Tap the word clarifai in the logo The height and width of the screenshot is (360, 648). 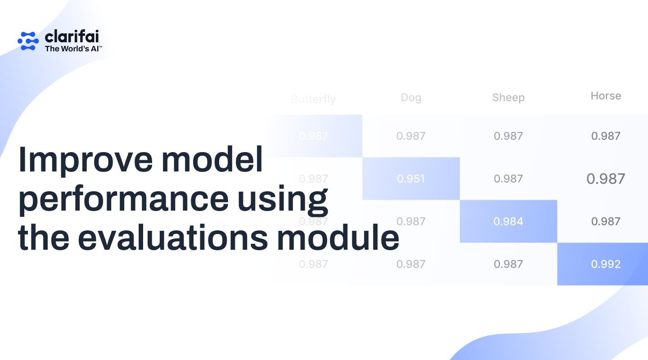tap(72, 36)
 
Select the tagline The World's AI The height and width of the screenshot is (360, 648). tap(73, 49)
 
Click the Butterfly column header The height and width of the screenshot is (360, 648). tap(313, 99)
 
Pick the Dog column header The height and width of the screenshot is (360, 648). tap(411, 98)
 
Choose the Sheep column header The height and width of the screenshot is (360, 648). tap(508, 98)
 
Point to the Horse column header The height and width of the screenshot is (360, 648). tap(606, 96)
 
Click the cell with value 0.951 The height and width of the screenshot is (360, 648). tap(411, 179)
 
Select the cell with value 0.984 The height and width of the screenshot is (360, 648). tap(508, 221)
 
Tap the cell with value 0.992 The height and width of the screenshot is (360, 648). tap(606, 264)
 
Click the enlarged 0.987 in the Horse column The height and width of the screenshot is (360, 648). tap(606, 179)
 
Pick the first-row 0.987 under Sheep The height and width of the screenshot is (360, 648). tap(508, 136)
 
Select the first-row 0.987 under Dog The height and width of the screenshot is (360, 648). tap(411, 136)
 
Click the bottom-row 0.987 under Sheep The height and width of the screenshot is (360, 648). tap(508, 264)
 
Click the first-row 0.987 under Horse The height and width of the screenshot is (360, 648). tap(606, 136)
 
